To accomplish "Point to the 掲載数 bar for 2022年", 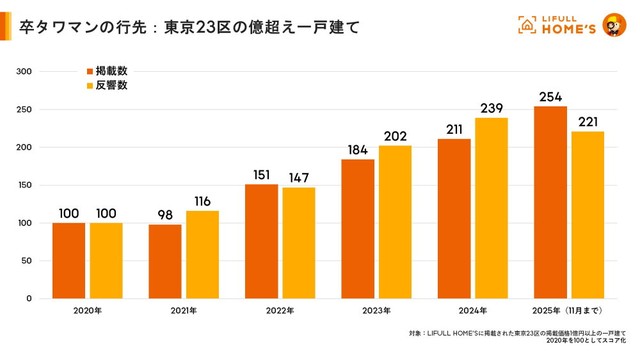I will (x=261, y=241).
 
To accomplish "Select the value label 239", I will (x=491, y=108).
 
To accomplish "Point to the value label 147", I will (x=298, y=178).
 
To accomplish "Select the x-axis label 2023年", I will (x=377, y=311).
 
